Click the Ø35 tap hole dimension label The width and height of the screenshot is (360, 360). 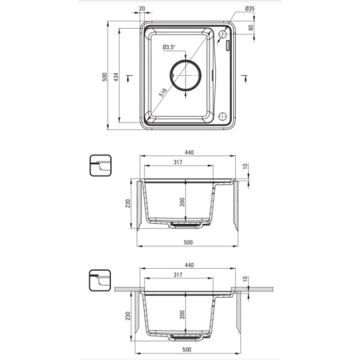point(250,9)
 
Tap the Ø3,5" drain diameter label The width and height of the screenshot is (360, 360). point(169,47)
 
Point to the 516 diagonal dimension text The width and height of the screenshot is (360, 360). point(163,92)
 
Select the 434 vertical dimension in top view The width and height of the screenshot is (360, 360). point(116,77)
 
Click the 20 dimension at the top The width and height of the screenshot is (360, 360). point(142,9)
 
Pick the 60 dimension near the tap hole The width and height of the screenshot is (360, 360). point(251,28)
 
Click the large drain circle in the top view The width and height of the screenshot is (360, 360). point(185,75)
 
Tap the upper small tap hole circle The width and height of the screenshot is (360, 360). point(223,34)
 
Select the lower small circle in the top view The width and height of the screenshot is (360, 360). point(223,116)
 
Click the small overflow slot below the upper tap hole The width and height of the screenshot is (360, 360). point(228,46)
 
